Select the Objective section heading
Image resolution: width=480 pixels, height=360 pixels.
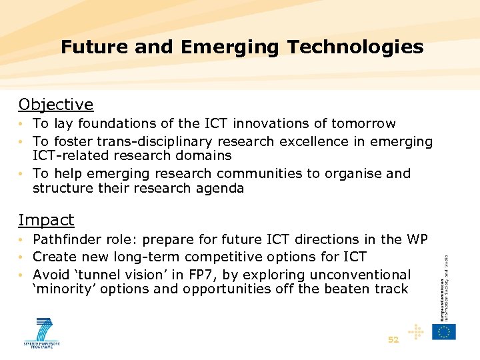pos(56,105)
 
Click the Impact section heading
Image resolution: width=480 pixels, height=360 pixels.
pos(46,220)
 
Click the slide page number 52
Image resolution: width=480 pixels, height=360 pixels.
pos(393,340)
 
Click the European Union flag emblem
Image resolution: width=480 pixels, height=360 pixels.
pos(444,331)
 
